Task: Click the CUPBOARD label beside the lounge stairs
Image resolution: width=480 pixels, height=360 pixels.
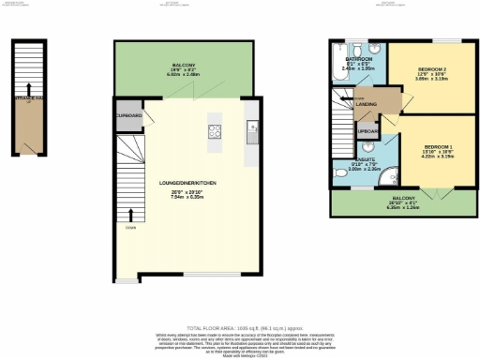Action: point(129,115)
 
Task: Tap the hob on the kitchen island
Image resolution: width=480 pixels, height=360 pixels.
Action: point(214,131)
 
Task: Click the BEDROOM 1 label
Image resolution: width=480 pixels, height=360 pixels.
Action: point(437,148)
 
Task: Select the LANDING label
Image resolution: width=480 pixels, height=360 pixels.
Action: point(366,105)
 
